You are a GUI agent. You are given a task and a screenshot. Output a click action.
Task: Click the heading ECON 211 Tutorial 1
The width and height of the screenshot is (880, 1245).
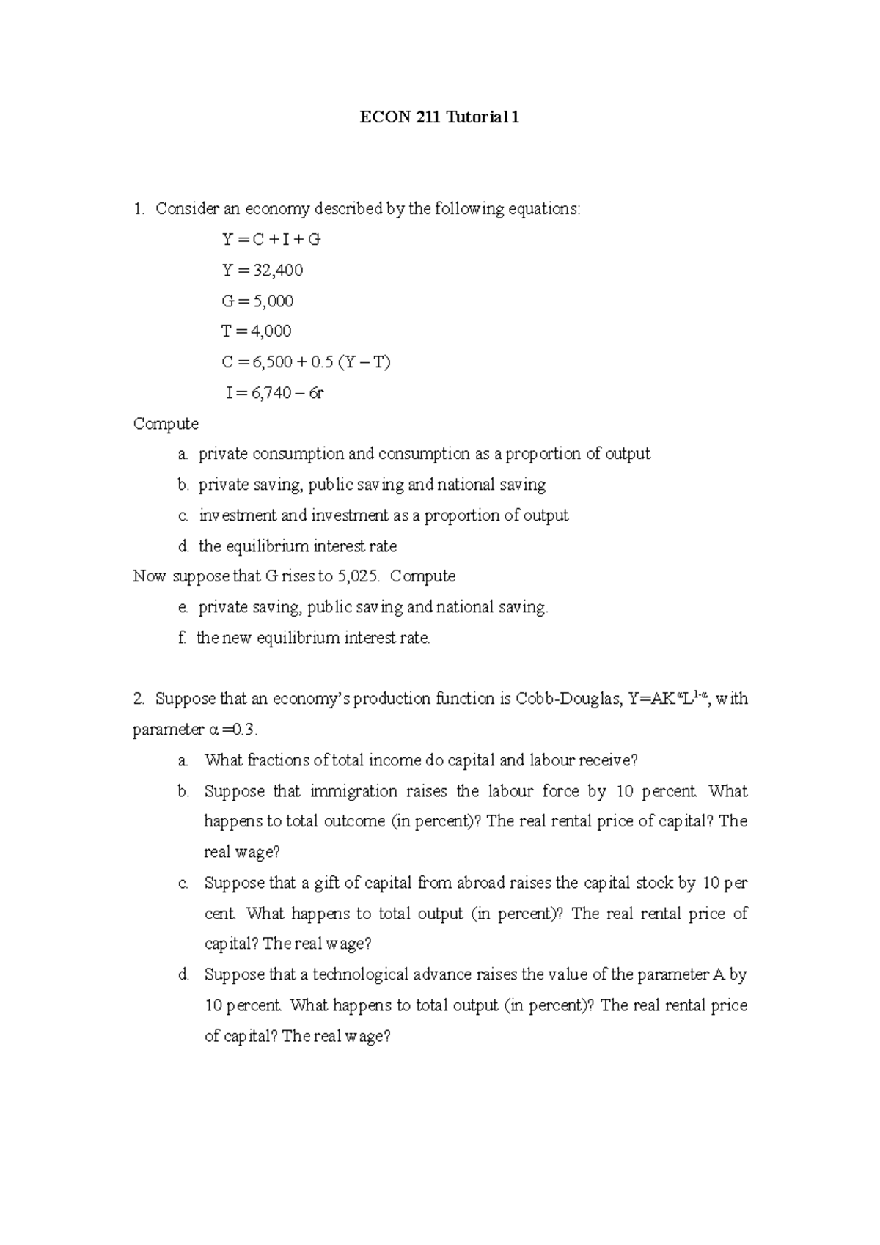click(x=439, y=118)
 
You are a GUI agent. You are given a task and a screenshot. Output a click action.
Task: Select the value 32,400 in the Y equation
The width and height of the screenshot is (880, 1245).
click(x=278, y=271)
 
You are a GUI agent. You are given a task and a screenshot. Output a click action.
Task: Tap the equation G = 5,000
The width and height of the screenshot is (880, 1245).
click(x=257, y=301)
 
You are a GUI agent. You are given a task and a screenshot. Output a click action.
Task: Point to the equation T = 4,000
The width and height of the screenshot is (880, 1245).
click(x=257, y=331)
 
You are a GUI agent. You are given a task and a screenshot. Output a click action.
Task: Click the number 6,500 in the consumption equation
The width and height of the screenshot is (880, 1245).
click(x=271, y=362)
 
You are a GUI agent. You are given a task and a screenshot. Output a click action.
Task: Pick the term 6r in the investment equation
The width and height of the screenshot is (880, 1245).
click(x=316, y=393)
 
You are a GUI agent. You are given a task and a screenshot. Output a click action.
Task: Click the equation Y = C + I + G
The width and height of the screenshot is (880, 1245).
click(x=271, y=240)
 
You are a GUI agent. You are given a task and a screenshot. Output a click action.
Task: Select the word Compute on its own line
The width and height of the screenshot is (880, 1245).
click(x=166, y=424)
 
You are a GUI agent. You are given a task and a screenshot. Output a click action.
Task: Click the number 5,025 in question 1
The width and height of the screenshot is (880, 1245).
click(x=358, y=576)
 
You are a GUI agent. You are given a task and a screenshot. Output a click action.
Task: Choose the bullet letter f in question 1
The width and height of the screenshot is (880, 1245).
click(x=181, y=638)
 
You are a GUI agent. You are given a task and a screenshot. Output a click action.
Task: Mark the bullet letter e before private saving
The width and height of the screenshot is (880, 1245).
click(x=182, y=608)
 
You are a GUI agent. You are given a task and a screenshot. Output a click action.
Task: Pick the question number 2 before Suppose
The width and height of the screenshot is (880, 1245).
click(x=138, y=699)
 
